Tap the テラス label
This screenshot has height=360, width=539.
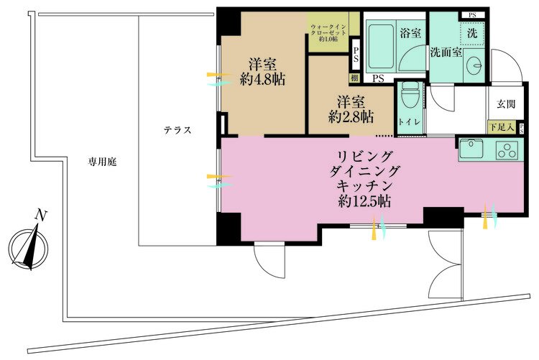point(176,131)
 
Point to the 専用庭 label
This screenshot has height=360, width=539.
point(103,162)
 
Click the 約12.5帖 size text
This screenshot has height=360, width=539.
point(364,202)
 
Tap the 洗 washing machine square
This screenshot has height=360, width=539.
point(471,34)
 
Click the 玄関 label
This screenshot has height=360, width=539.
point(506,104)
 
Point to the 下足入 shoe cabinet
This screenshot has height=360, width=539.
point(500,127)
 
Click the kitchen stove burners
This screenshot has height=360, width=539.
point(507,149)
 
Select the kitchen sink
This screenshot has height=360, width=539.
point(474,149)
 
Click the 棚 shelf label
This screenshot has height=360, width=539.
point(355,78)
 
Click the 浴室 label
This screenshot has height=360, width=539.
point(410,32)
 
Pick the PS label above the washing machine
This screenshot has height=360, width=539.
point(471,15)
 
